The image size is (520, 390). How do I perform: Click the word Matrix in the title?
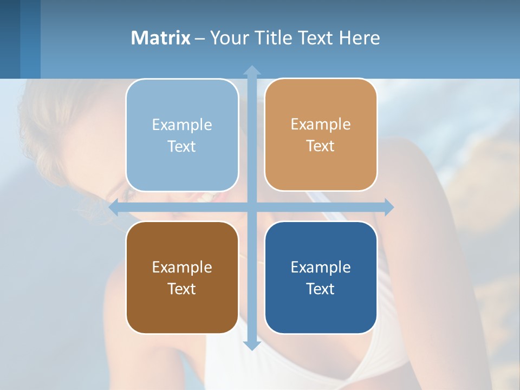pos(160,38)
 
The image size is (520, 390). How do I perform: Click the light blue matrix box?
pos(182,135)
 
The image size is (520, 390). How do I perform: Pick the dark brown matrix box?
pos(182,277)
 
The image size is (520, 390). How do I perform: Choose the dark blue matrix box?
pos(321,277)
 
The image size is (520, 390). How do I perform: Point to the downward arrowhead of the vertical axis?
pos(252,346)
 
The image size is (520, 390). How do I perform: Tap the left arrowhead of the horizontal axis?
pos(114,207)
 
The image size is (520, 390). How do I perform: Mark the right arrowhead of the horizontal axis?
pos(389,207)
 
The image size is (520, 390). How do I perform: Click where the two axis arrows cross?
pos(252,207)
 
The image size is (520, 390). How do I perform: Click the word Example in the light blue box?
pos(182,125)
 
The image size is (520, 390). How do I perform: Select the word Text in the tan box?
pos(321,146)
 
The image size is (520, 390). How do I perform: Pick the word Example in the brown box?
pos(182,267)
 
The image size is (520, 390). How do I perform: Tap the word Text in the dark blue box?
pos(321,289)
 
